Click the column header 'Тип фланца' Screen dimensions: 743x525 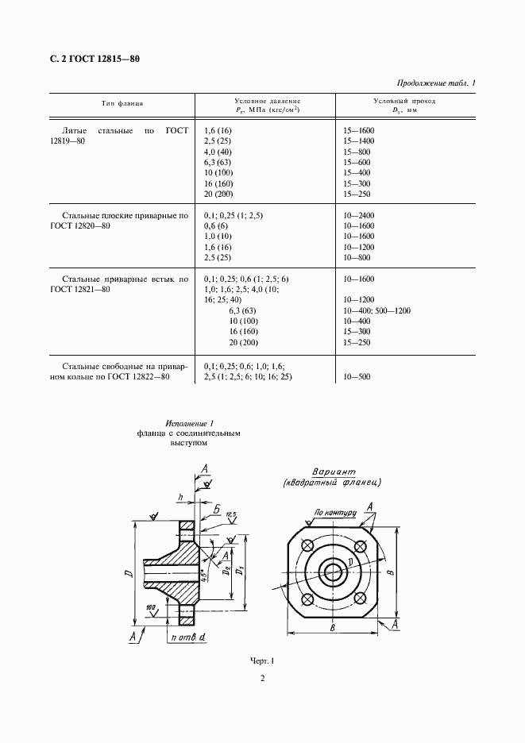coord(122,105)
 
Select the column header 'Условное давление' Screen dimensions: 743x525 coord(268,101)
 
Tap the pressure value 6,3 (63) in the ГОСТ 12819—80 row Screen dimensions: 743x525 coord(218,162)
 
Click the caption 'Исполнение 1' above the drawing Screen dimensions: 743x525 coord(191,424)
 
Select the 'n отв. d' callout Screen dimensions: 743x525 coord(187,636)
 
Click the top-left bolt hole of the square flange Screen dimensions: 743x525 coord(307,545)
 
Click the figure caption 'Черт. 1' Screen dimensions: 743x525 coord(261,660)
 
